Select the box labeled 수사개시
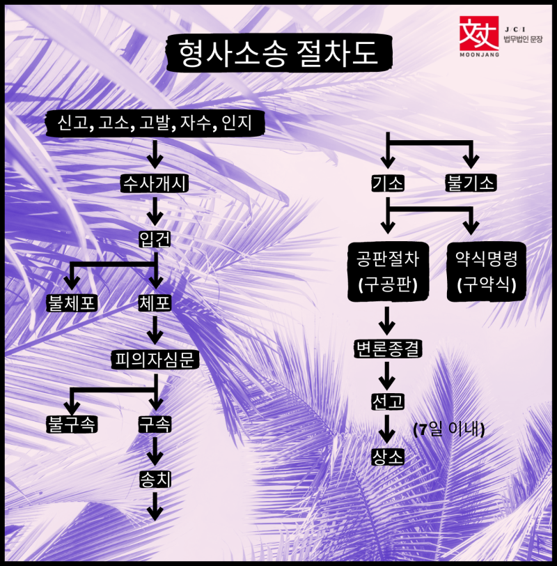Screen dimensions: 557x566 [x=155, y=184]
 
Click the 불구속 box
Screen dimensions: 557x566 [x=71, y=423]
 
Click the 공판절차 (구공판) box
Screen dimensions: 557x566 [x=386, y=272]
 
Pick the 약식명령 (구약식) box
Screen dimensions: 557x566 [x=485, y=272]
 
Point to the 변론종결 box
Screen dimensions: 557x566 [x=387, y=349]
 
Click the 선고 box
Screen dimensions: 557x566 [x=387, y=402]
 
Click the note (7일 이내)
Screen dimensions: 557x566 [x=448, y=428]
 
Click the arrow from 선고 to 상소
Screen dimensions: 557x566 [x=387, y=428]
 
